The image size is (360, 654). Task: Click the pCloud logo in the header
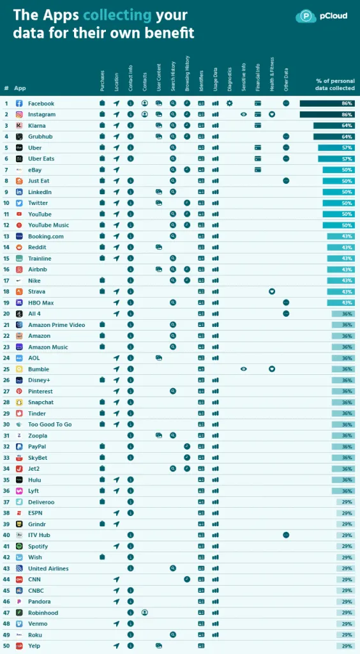click(x=322, y=16)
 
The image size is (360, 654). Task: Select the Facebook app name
click(x=41, y=103)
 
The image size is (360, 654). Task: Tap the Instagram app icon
click(x=19, y=114)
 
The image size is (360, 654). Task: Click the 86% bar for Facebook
click(x=327, y=103)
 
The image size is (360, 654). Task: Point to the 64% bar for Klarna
click(x=334, y=125)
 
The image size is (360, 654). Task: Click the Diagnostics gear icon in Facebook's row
click(x=229, y=103)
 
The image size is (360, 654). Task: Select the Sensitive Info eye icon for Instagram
click(x=243, y=114)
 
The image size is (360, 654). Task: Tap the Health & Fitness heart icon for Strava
click(x=271, y=291)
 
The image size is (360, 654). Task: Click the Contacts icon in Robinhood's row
click(x=144, y=612)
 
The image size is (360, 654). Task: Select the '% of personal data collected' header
click(x=336, y=84)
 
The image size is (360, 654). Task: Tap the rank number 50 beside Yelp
click(x=6, y=646)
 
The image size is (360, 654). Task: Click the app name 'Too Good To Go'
click(x=50, y=424)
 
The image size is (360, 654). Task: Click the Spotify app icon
click(x=19, y=546)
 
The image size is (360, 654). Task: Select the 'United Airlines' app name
click(x=48, y=568)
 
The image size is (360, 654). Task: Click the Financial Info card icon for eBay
click(x=257, y=170)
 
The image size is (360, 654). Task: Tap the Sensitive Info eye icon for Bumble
click(x=243, y=369)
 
